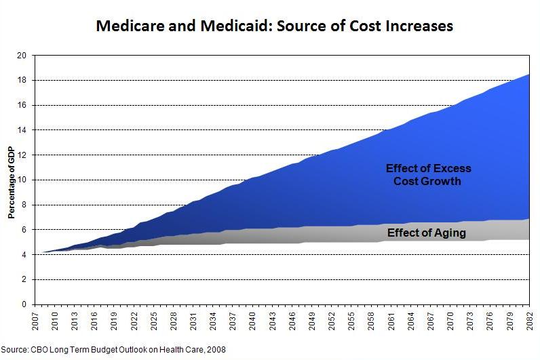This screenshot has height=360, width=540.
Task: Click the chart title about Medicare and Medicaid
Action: click(x=274, y=26)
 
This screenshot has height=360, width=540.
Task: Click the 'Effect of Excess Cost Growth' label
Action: click(x=427, y=175)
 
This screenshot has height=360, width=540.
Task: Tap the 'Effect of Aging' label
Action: click(x=426, y=233)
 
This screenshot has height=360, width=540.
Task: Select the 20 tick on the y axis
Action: click(x=22, y=55)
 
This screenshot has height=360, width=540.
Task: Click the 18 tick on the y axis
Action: click(x=22, y=80)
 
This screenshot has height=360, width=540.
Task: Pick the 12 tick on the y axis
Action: click(x=22, y=155)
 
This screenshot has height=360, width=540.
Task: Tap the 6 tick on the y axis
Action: click(x=24, y=230)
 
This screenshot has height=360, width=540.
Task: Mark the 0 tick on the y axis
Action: click(x=24, y=304)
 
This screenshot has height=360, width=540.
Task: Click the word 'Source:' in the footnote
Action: click(x=14, y=349)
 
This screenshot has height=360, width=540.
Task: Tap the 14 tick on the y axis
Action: click(x=22, y=129)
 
